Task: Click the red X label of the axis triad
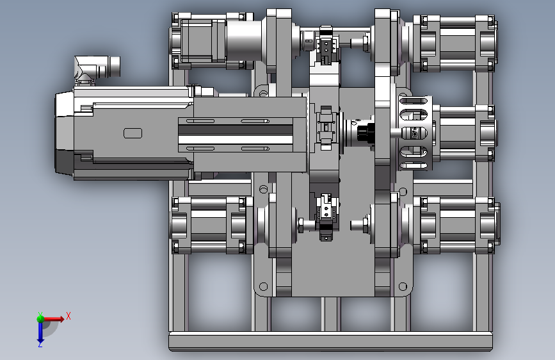click(x=68, y=316)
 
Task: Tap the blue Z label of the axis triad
click(x=40, y=344)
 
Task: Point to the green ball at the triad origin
click(x=40, y=318)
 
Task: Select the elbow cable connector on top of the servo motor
click(x=97, y=69)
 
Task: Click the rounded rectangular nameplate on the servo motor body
click(x=133, y=133)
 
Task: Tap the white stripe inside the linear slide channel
click(x=236, y=139)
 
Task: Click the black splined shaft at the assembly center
click(x=365, y=133)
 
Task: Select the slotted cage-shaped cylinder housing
click(x=415, y=133)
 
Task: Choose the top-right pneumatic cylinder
click(x=455, y=43)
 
